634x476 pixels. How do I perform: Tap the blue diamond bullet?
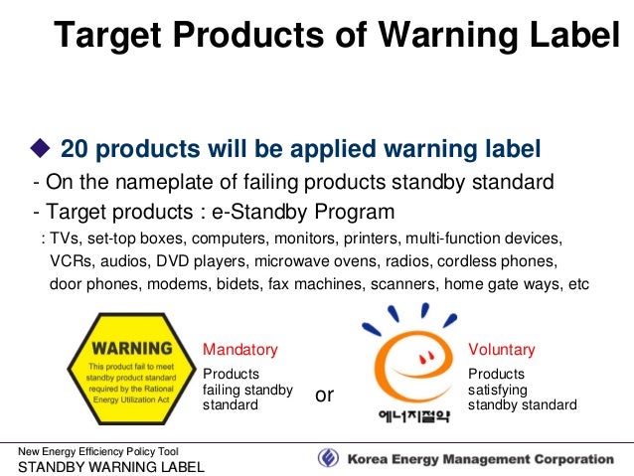[x=43, y=149]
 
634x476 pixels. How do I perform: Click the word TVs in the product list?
[x=67, y=239]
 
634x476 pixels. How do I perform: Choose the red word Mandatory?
[x=240, y=350]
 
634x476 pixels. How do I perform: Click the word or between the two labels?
[x=324, y=396]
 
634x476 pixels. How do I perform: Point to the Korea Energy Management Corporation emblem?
[x=329, y=459]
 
